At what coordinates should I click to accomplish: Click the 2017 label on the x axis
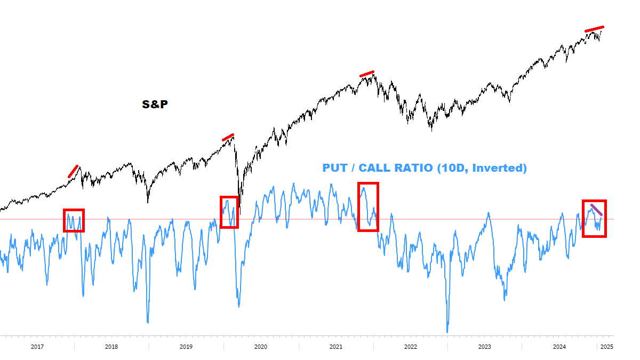tap(37, 347)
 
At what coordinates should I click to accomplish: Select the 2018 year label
tap(111, 347)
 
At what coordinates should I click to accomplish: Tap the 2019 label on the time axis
tap(186, 347)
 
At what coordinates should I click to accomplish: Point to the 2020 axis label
tap(261, 347)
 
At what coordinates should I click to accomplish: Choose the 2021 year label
tap(336, 347)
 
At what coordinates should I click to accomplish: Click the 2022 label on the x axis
tap(411, 347)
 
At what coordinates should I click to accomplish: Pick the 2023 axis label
tap(485, 347)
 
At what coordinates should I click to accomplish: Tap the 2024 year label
tap(559, 347)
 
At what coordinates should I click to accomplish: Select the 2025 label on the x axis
tap(606, 347)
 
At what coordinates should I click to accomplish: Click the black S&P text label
tap(155, 105)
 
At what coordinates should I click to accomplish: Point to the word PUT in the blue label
tap(335, 169)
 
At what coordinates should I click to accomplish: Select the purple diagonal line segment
tap(596, 210)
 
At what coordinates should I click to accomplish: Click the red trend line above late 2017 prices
tap(73, 171)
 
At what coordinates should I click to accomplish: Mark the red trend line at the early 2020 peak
tap(228, 138)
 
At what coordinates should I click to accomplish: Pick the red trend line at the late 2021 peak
tap(367, 74)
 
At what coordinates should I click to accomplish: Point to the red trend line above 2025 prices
tap(594, 29)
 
